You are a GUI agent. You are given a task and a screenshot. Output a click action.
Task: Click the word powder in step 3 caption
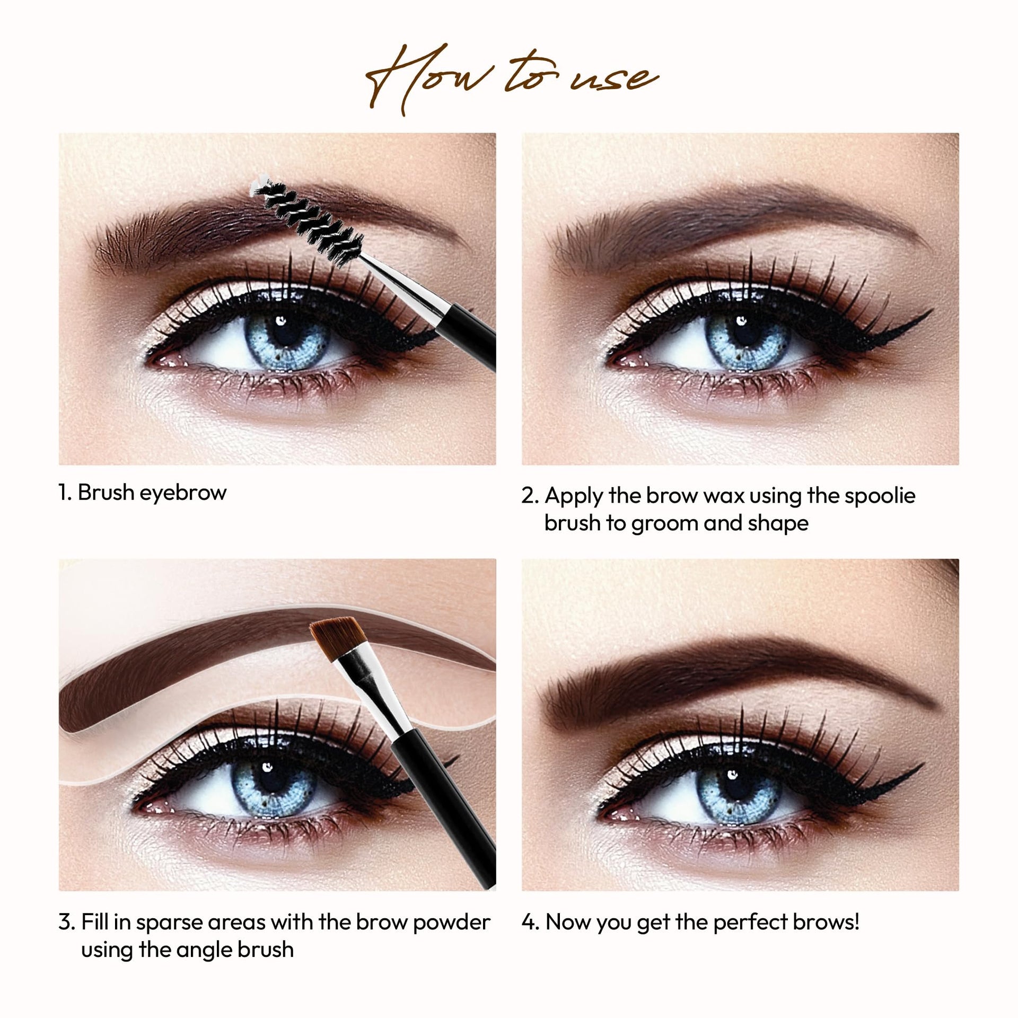[452, 923]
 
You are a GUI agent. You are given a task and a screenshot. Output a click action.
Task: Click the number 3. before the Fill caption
[67, 923]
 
